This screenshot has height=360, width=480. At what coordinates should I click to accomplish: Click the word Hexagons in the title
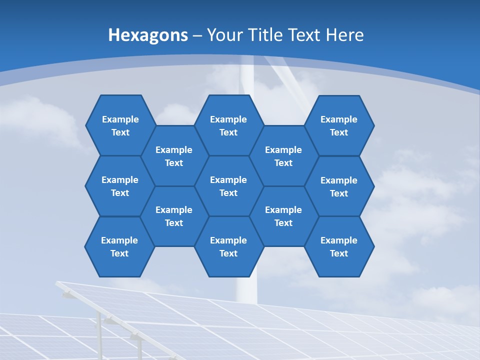148,35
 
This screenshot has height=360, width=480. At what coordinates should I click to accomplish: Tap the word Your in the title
223,35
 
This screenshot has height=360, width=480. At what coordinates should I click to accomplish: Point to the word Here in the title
345,35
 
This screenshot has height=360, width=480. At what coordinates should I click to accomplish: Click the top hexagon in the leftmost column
120,125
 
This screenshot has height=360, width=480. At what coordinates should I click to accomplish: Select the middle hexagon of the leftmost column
120,186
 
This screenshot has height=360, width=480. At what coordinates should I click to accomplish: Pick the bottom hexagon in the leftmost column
119,246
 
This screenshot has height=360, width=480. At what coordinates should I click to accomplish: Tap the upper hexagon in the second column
174,156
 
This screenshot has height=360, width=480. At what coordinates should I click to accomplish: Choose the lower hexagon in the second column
174,216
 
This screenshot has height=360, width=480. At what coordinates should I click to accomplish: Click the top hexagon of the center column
228,125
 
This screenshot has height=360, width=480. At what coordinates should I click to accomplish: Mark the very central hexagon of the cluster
228,186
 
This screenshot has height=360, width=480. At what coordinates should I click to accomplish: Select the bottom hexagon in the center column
228,246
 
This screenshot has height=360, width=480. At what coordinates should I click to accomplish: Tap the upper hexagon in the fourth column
283,156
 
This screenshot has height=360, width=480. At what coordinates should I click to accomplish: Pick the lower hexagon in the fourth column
283,216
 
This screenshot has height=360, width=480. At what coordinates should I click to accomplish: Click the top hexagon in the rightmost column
339,125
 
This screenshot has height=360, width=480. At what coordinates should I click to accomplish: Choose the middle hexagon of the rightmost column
339,186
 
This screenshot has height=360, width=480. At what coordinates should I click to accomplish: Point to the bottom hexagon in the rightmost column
339,246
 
